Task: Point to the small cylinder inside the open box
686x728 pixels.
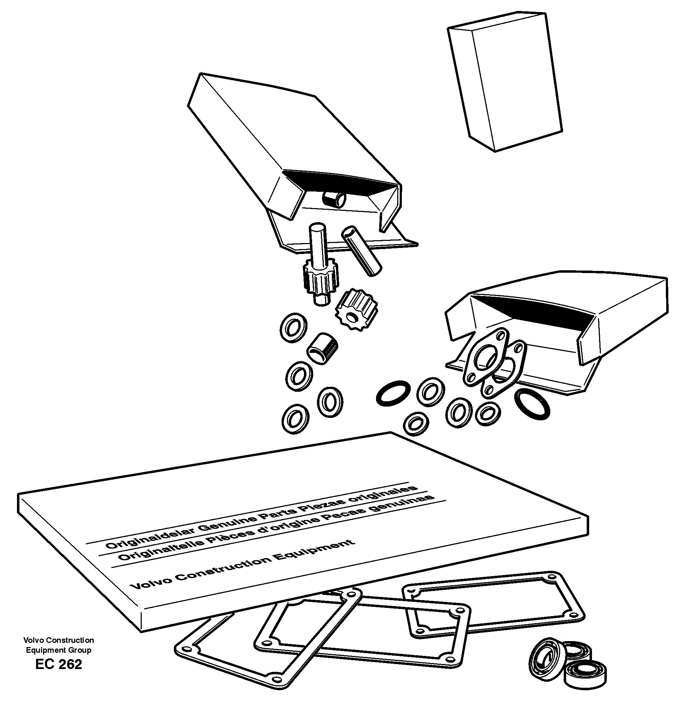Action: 334,200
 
